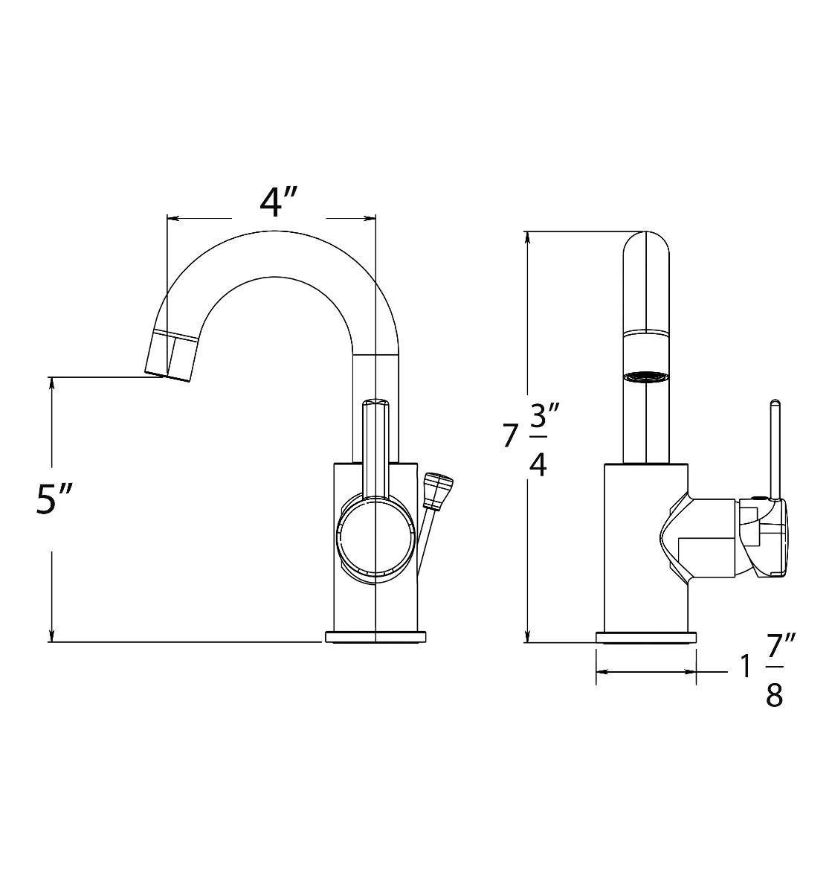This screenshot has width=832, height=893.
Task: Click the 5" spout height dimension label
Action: tap(55, 499)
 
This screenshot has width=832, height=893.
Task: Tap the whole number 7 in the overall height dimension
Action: tap(509, 436)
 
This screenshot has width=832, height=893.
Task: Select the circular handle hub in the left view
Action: tap(375, 536)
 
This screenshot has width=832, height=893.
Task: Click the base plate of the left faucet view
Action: tap(377, 637)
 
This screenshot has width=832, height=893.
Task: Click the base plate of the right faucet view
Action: tap(646, 637)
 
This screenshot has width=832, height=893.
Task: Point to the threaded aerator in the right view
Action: tap(645, 377)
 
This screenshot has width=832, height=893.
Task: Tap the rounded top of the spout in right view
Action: tap(645, 246)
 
